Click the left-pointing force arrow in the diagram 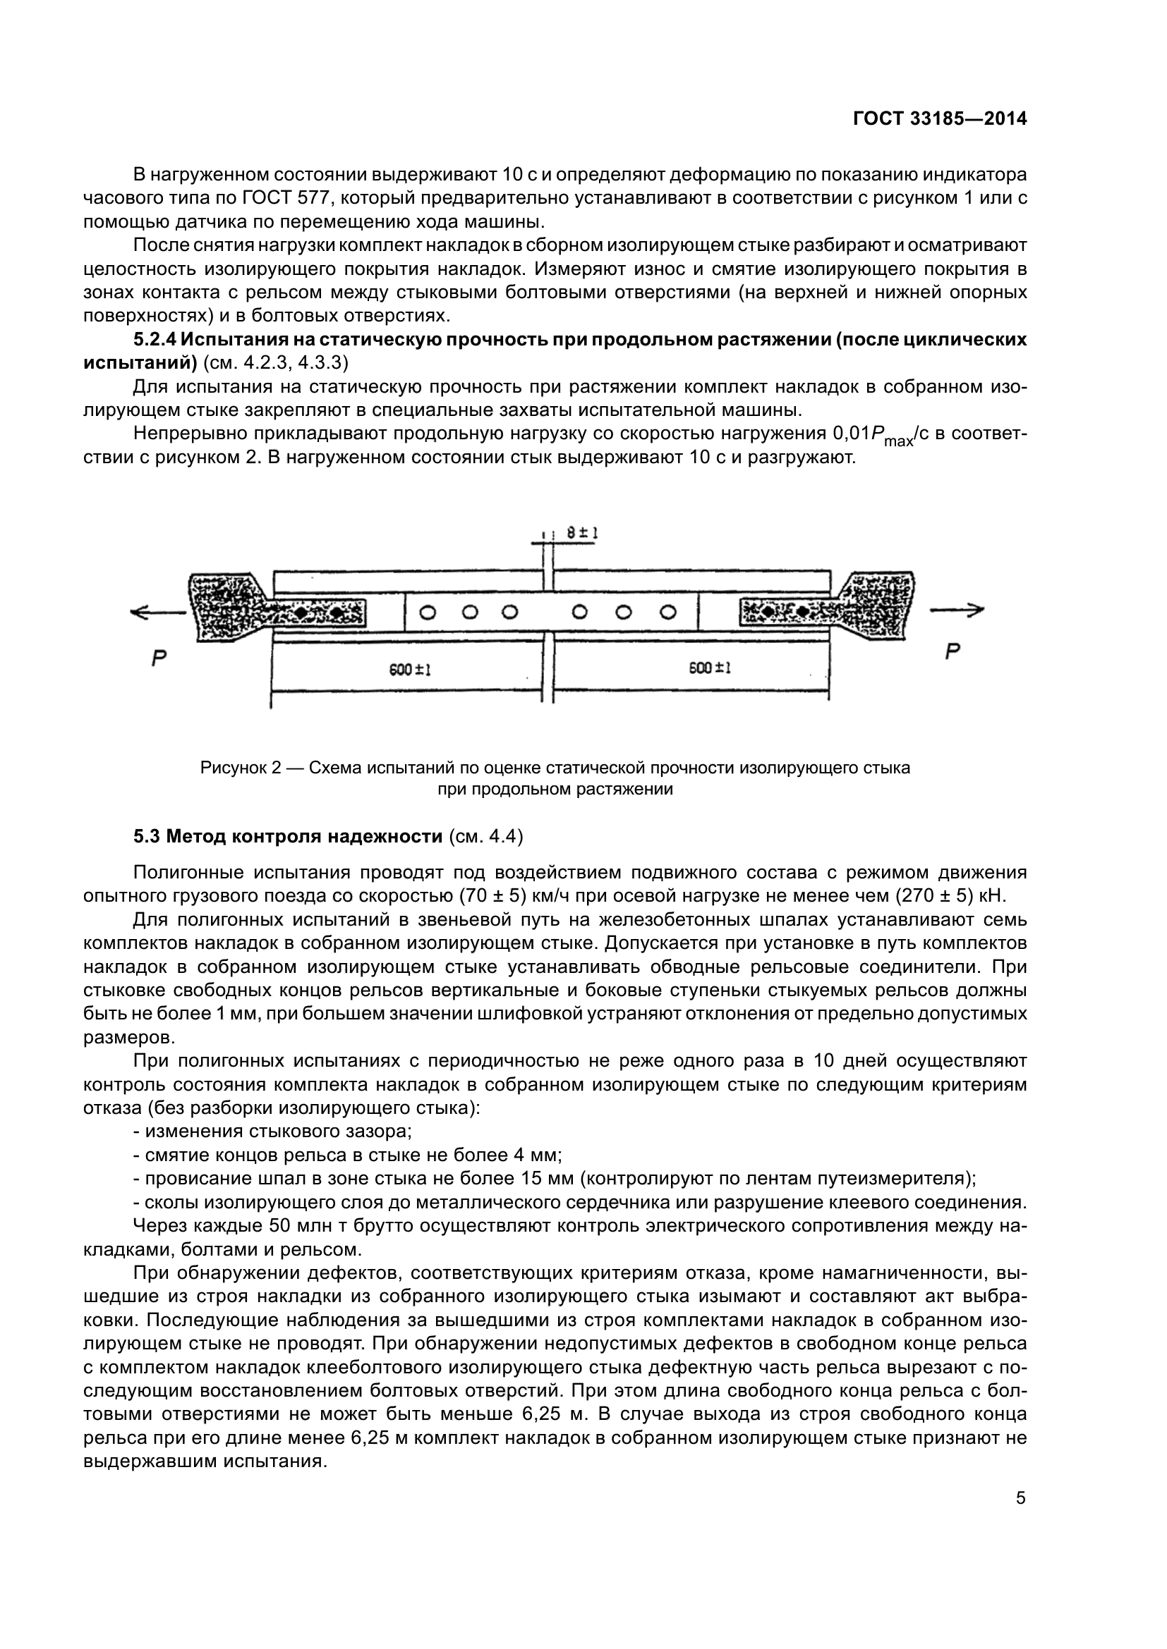[157, 612]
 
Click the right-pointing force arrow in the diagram [957, 611]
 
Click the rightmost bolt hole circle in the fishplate [668, 613]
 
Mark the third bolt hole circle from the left [509, 613]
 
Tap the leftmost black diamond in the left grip [300, 613]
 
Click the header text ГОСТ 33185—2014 [939, 119]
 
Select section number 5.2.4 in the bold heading [154, 339]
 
